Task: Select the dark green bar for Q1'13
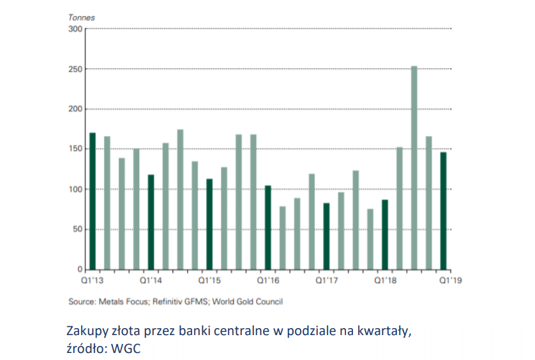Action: (x=93, y=201)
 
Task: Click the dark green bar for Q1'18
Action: (x=385, y=234)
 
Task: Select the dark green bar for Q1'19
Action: (x=443, y=211)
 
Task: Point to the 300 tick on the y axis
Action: (x=75, y=29)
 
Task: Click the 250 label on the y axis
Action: (x=75, y=69)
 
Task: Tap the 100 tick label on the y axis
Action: (x=75, y=190)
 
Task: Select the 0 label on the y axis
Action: (x=80, y=270)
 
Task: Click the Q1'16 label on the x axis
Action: (x=268, y=280)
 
